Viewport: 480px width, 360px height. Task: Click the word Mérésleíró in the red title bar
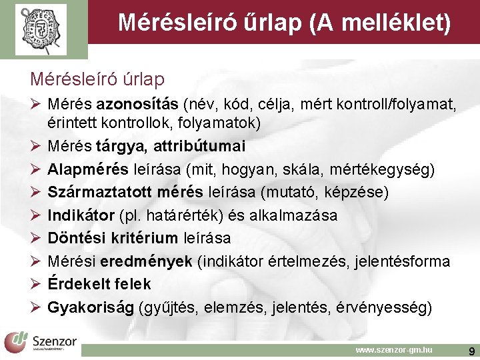[169, 23]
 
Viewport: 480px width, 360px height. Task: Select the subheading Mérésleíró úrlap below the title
[97, 79]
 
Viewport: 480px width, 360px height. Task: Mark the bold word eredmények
[156, 261]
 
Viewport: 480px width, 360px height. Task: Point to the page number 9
[471, 349]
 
